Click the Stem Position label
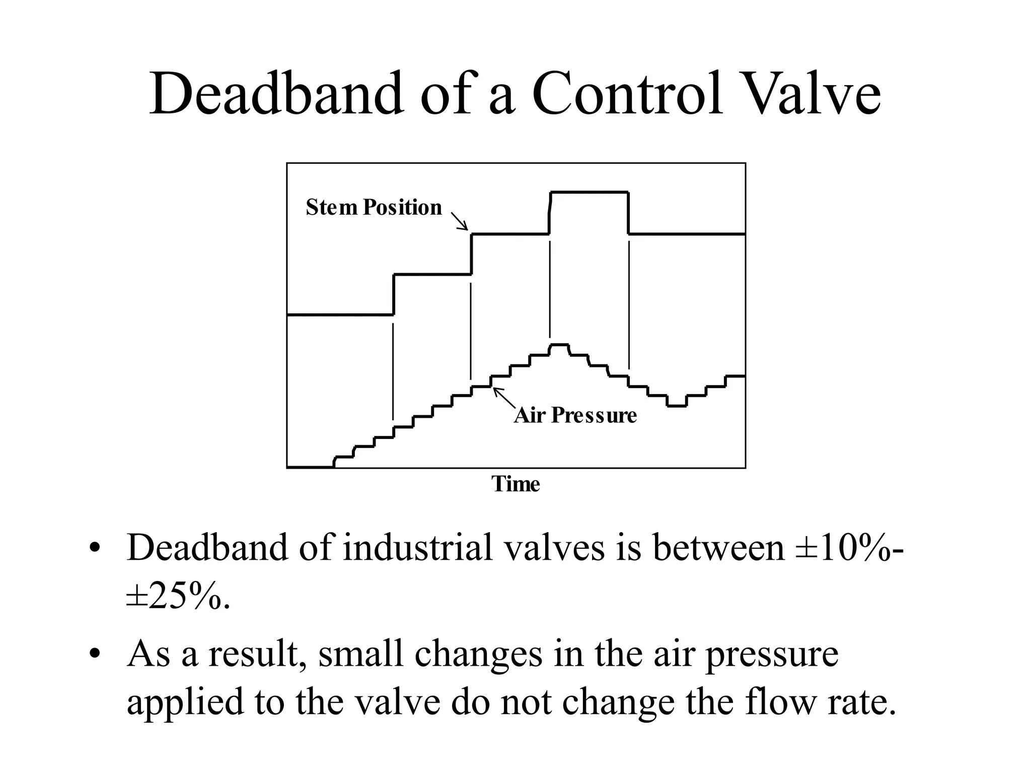point(374,208)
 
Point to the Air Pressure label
point(575,416)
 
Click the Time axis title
point(515,484)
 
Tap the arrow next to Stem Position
point(459,221)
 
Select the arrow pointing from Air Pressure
point(504,398)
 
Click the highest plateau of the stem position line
point(589,192)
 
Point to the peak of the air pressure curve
point(559,345)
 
